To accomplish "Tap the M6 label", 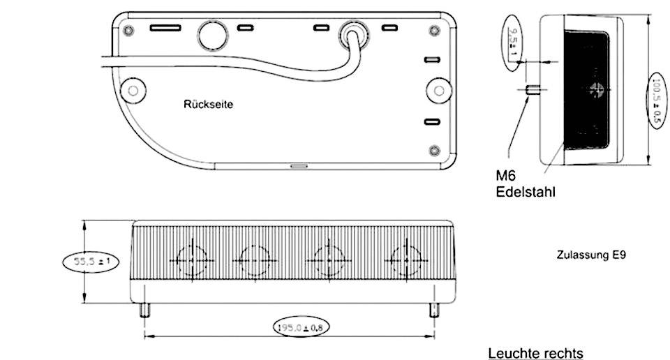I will click(x=507, y=177).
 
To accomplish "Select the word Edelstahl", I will click(x=526, y=191).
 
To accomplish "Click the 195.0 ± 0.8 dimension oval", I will click(x=299, y=326).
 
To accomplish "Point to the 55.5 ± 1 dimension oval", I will click(x=87, y=262).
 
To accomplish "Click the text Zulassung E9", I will click(x=591, y=255).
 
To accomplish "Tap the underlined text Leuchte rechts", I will click(x=535, y=353).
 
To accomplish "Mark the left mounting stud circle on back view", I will click(x=131, y=89).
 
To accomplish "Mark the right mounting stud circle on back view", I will click(x=437, y=89).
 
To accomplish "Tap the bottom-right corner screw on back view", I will click(x=435, y=150).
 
